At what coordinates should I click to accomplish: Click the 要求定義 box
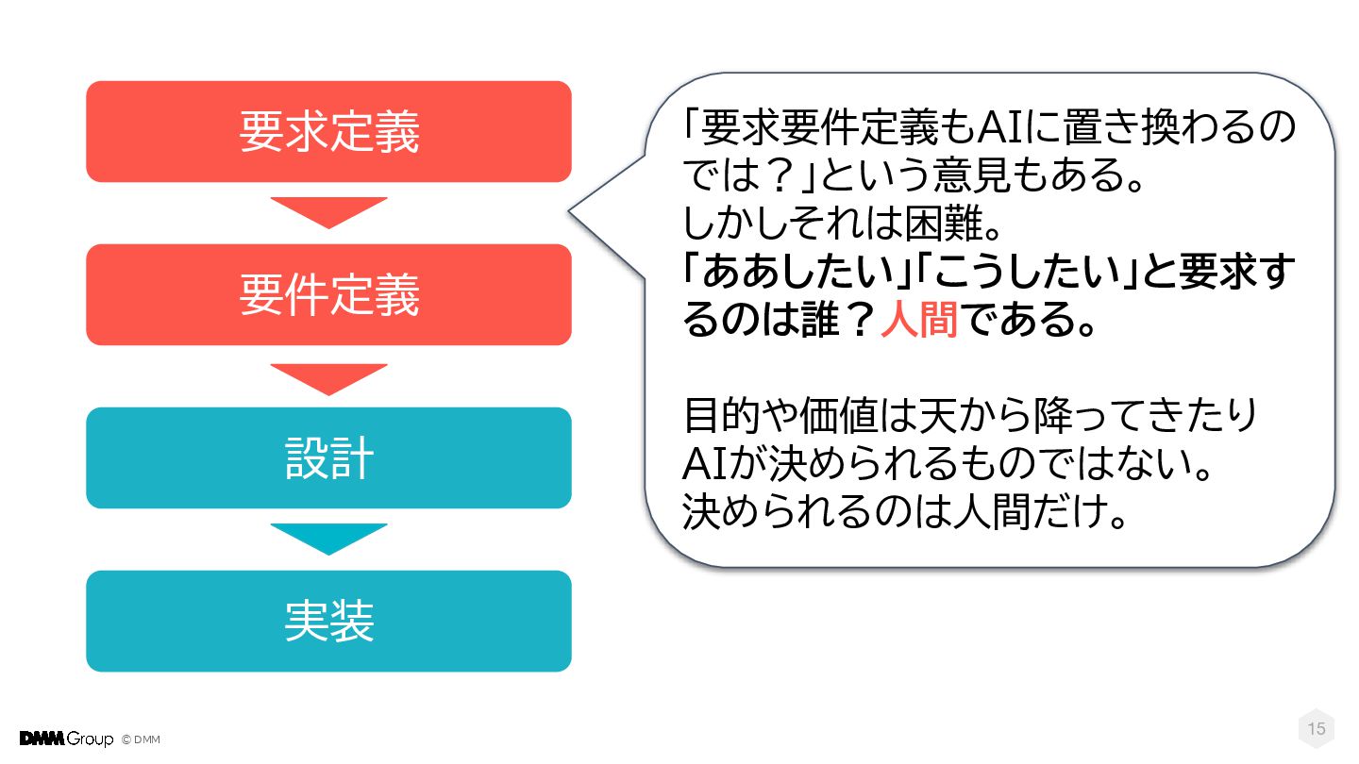[x=328, y=131]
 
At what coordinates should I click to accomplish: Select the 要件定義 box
[x=328, y=294]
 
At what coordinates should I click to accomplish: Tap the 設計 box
[x=328, y=457]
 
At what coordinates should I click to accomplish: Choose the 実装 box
[x=328, y=621]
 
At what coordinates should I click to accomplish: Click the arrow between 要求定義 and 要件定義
[x=328, y=211]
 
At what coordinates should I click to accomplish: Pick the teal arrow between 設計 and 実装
[x=328, y=538]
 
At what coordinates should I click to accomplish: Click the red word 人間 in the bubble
[x=918, y=322]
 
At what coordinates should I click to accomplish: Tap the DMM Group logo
[x=66, y=739]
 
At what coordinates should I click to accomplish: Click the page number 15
[x=1316, y=729]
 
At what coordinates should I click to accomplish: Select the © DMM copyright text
[x=141, y=739]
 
